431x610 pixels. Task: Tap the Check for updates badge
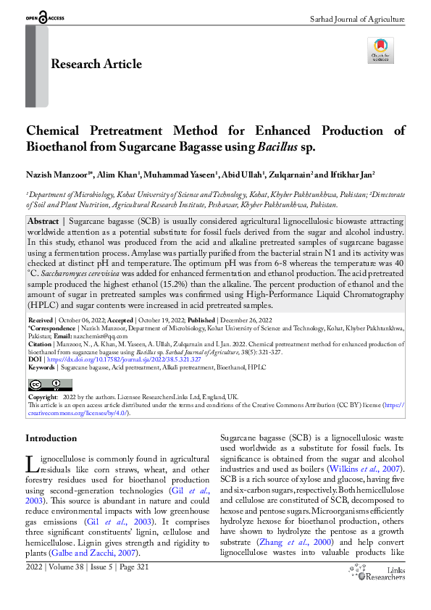(380, 50)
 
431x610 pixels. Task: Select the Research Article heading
(96, 64)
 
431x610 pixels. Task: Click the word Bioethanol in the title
(57, 149)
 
